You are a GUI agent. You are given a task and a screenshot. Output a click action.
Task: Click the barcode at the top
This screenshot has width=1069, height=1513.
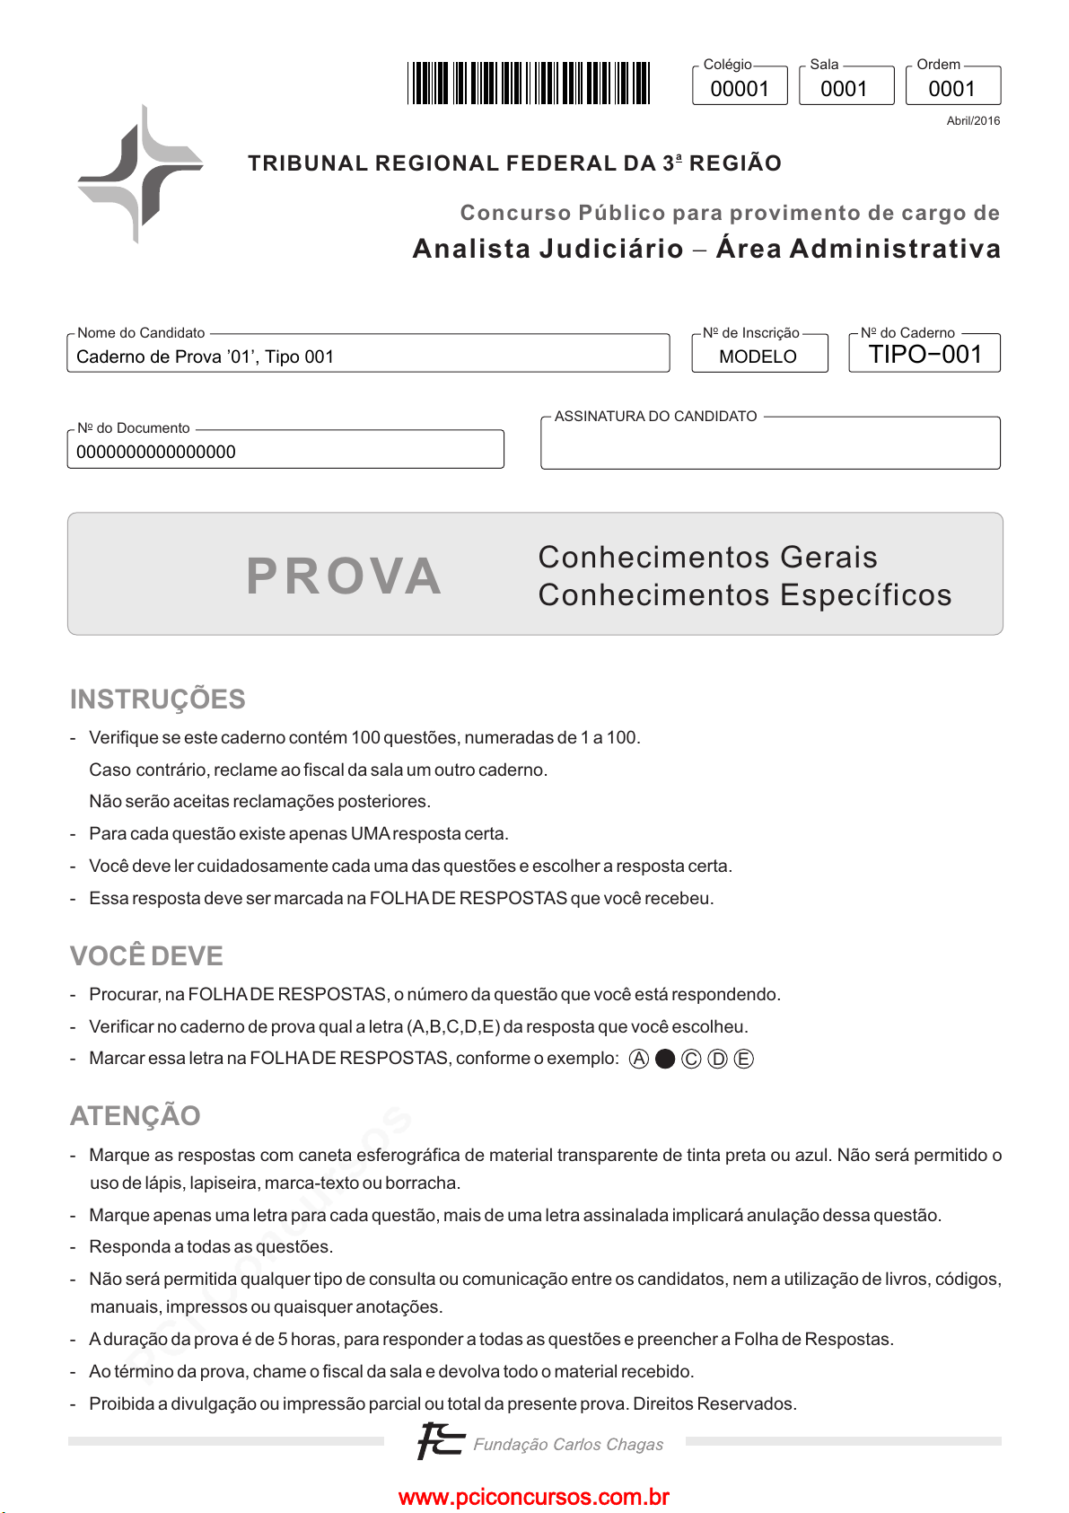pos(529,83)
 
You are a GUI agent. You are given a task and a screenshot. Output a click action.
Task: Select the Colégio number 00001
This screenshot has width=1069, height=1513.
pos(740,89)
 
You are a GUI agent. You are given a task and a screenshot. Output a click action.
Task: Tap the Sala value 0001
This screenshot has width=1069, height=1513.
pos(844,89)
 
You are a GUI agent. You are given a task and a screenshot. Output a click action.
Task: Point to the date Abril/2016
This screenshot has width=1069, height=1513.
pos(973,121)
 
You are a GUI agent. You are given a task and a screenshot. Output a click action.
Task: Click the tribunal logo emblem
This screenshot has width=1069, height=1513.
pos(140,173)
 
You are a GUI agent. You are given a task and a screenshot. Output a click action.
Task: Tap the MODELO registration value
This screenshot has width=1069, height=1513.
pos(758,356)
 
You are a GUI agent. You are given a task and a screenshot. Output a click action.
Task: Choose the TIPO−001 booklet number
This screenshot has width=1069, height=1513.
pos(925,355)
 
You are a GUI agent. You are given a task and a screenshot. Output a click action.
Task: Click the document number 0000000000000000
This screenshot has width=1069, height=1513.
pos(156,453)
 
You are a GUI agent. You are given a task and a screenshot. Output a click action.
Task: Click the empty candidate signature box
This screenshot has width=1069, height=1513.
pos(770,446)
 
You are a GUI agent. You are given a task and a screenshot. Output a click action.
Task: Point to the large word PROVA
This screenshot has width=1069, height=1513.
pos(344,576)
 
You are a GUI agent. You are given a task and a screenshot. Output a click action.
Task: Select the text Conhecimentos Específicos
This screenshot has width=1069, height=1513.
pos(745,595)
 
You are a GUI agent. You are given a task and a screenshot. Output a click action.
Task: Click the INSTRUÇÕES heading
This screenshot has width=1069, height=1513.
pos(158,699)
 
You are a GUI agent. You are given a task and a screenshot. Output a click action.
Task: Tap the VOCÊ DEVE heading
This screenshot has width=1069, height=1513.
pos(146,956)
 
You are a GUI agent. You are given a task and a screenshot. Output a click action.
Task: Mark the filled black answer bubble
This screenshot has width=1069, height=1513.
pos(665,1059)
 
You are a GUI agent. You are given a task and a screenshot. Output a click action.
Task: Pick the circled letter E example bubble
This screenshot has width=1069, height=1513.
pos(744,1059)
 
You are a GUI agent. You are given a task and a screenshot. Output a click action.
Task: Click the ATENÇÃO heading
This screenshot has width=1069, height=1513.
pos(136,1116)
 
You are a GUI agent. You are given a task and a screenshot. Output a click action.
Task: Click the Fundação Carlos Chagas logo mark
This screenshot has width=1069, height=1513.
pos(440,1441)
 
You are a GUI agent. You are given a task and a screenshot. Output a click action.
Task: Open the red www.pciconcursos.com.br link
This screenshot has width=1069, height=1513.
pos(534,1498)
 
